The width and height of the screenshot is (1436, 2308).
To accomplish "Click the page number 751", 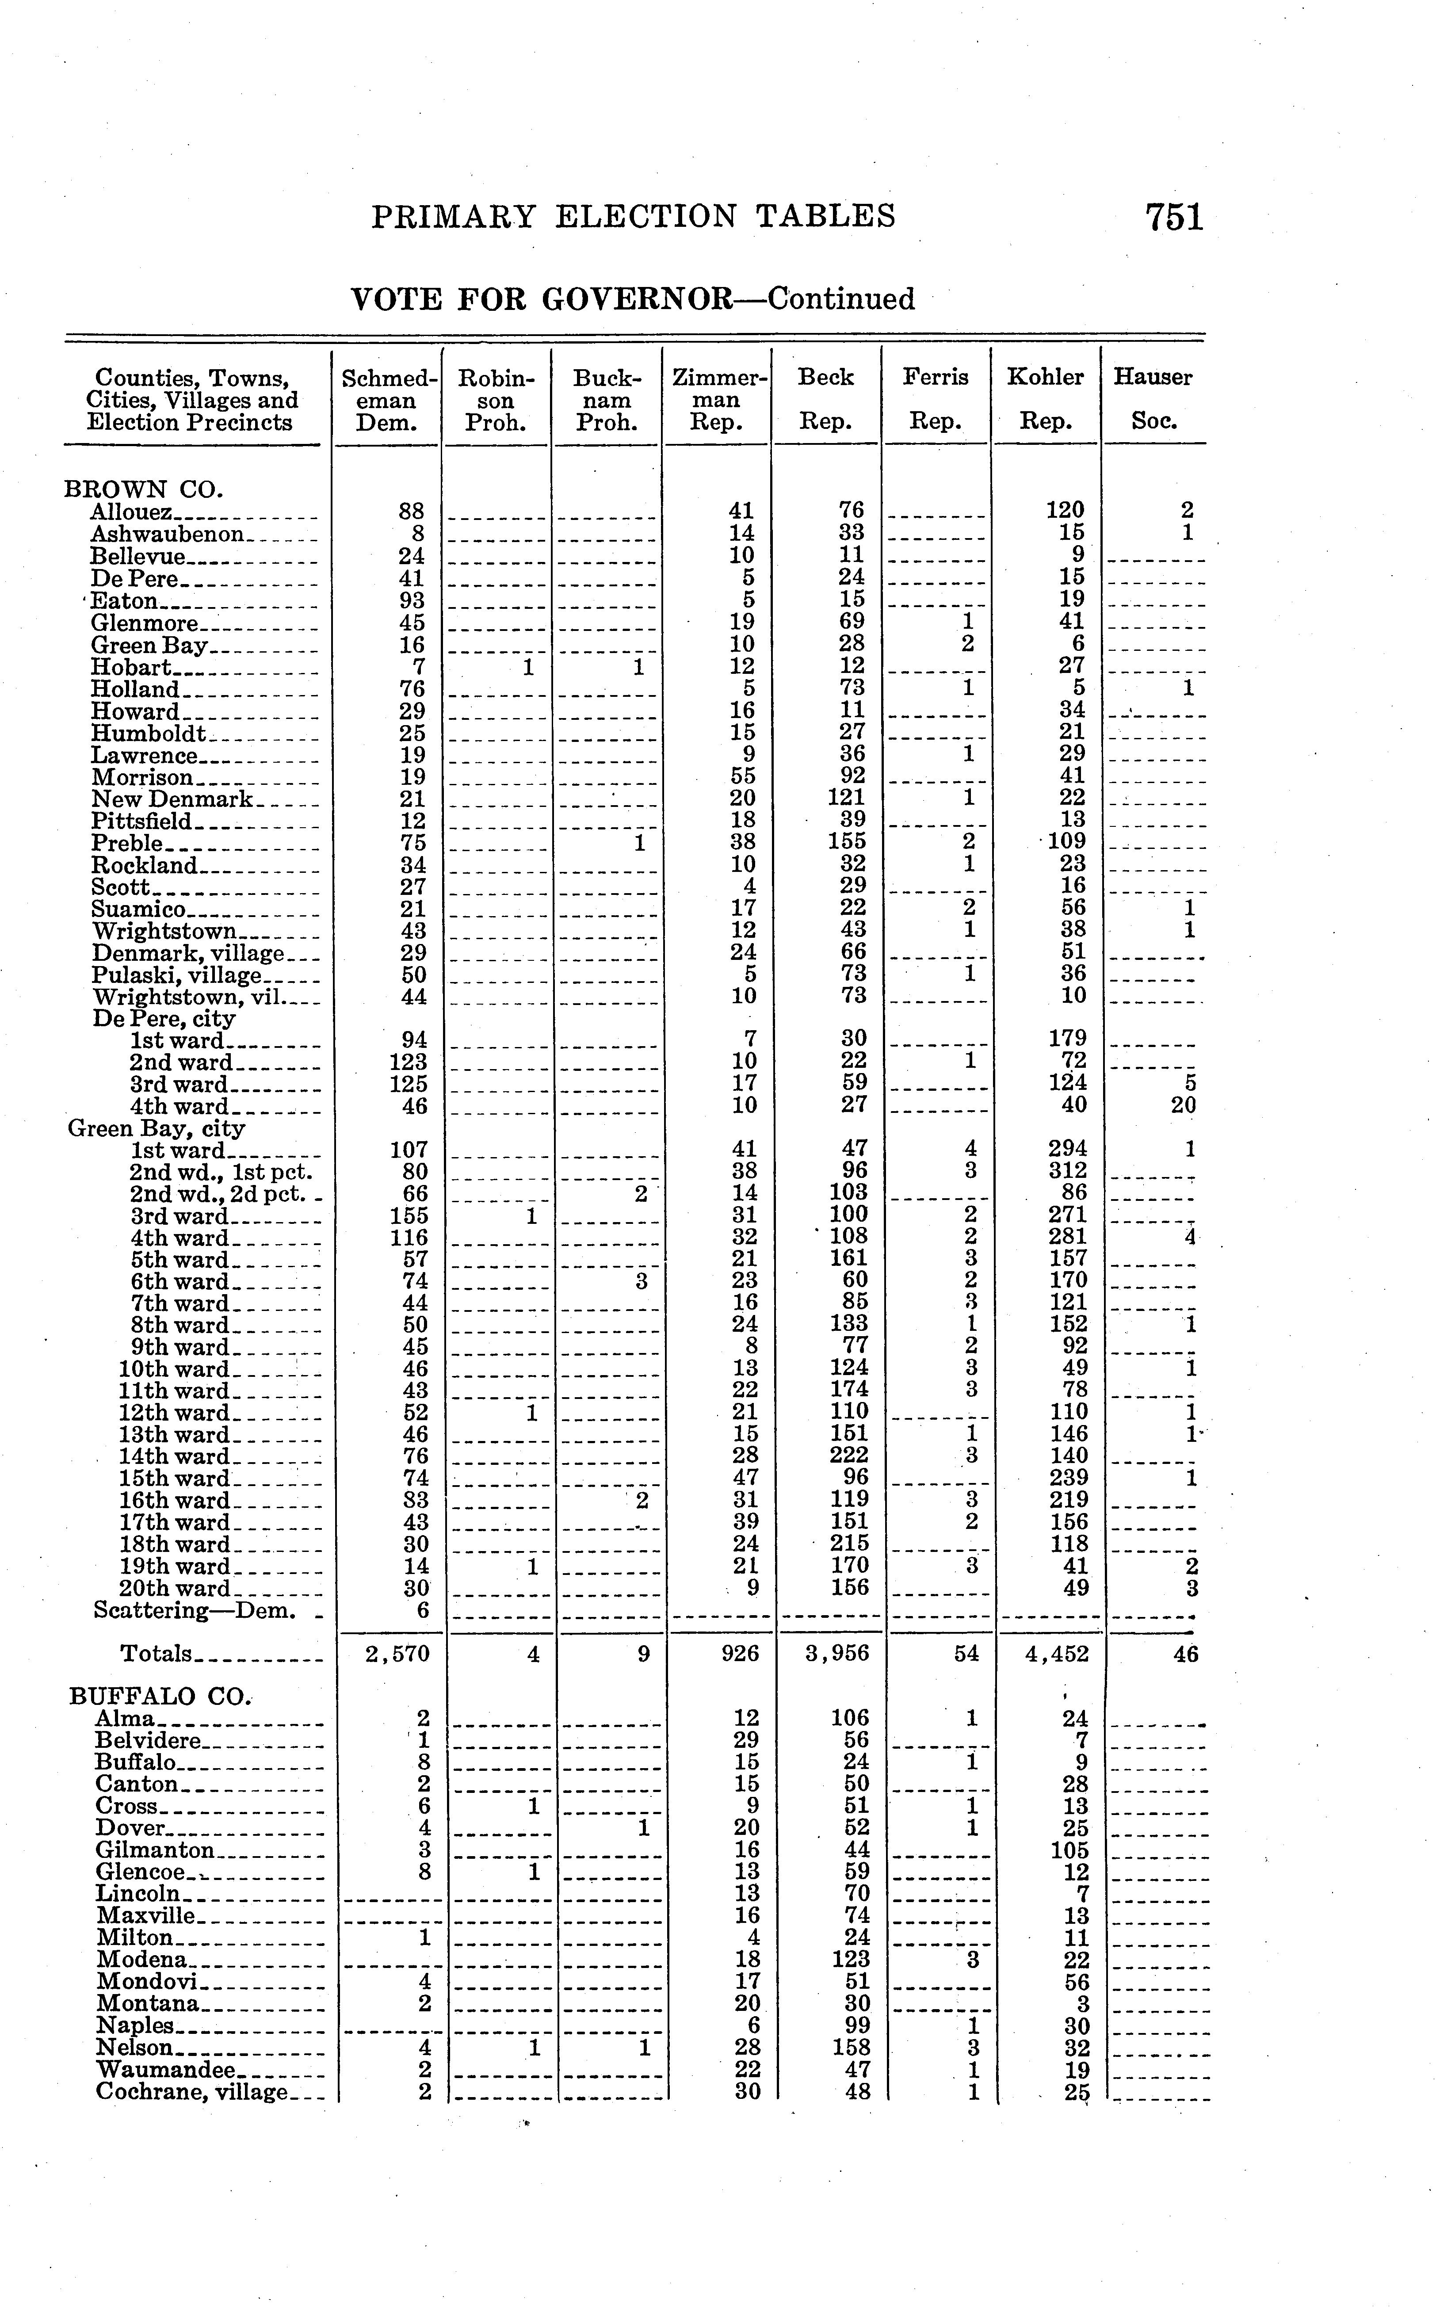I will pyautogui.click(x=1174, y=218).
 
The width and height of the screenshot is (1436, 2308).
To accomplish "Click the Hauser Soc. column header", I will pyautogui.click(x=1153, y=399).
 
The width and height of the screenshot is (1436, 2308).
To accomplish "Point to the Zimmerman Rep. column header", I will pyautogui.click(x=718, y=399).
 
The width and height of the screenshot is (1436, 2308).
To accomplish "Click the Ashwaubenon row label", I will pyautogui.click(x=167, y=534).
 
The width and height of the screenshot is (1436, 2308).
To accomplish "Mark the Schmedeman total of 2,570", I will pyautogui.click(x=398, y=1654).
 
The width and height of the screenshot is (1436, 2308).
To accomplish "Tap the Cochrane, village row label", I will pyautogui.click(x=191, y=2092).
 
